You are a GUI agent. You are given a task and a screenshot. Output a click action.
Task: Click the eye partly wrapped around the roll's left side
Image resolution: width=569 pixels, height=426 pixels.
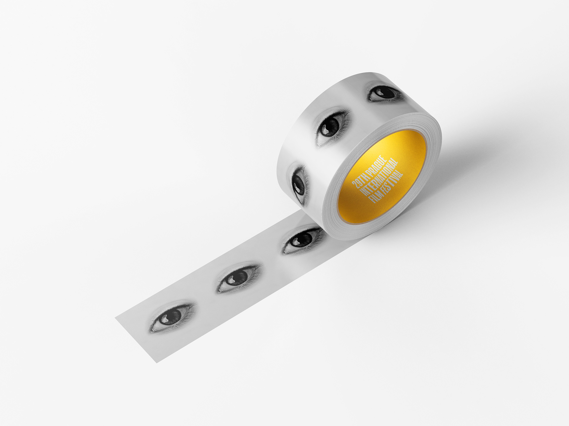click(x=299, y=183)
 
